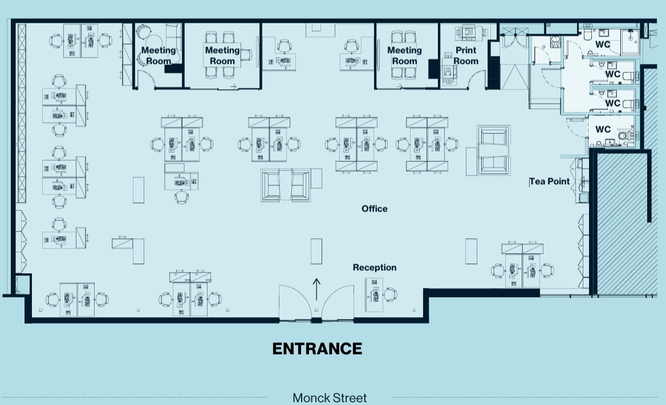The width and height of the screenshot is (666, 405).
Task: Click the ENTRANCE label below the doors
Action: pos(317,349)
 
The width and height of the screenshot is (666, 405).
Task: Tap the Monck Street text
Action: pos(330,398)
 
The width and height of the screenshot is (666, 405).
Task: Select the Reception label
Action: pos(374,268)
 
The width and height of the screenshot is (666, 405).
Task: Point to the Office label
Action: pos(374,209)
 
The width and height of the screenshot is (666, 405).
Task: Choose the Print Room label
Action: pos(466,55)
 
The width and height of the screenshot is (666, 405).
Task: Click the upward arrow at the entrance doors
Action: pos(317,285)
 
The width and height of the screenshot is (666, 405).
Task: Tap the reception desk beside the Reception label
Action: pos(374,295)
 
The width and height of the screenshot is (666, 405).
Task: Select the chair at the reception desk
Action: pos(391,295)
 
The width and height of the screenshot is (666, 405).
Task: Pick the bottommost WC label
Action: pos(603,129)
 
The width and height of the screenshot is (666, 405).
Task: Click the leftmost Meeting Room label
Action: pos(159,55)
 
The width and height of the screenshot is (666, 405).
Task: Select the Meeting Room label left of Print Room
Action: pos(404,55)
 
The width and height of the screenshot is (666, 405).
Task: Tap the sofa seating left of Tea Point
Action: pos(493,151)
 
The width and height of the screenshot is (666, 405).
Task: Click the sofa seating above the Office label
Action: pos(286,184)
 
